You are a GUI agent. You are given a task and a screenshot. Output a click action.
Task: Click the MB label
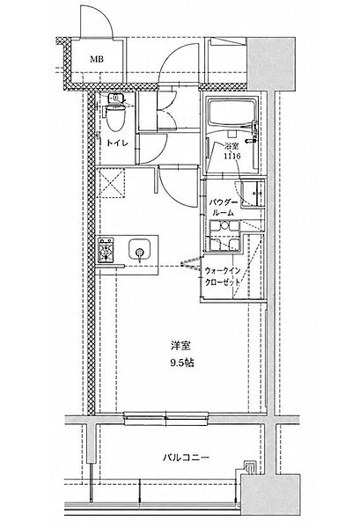(96, 60)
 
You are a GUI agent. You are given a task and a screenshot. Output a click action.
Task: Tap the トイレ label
(118, 143)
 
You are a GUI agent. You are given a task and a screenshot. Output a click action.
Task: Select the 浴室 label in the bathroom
(231, 146)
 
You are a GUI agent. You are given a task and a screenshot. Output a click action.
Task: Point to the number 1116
(232, 156)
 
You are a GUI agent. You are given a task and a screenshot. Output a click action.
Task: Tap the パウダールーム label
(223, 208)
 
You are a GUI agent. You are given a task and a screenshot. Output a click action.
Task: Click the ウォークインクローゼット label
(223, 276)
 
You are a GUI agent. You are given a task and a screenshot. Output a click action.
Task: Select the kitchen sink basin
(139, 250)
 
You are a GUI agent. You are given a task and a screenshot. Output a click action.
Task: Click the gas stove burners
(106, 250)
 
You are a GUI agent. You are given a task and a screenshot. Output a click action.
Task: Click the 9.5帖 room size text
(182, 363)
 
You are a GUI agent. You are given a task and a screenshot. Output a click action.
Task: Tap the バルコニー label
(187, 458)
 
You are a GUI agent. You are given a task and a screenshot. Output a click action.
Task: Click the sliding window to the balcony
(166, 418)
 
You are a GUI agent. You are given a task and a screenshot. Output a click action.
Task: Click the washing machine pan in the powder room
(224, 236)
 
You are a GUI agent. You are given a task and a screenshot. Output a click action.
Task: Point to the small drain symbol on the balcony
(250, 467)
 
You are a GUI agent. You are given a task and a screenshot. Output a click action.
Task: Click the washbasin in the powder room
(252, 194)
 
